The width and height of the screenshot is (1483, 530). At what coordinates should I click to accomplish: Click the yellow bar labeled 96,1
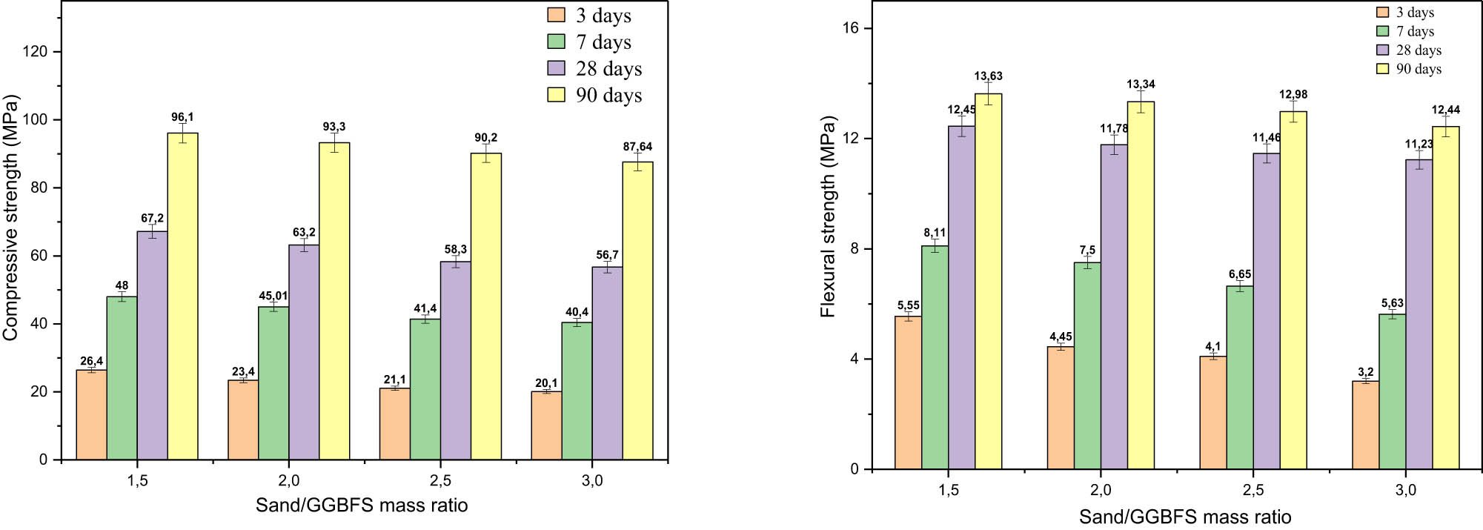click(182, 297)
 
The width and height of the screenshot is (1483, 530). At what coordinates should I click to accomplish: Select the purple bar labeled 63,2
click(304, 352)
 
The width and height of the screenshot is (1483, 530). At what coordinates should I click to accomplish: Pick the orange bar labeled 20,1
click(546, 425)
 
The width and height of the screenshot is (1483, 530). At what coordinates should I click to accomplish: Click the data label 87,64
click(637, 147)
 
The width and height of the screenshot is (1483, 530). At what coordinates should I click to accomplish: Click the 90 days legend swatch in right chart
click(1382, 69)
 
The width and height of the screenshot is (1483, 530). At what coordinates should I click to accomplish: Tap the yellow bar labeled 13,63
click(988, 282)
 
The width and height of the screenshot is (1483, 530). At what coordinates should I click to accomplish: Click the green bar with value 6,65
click(1239, 378)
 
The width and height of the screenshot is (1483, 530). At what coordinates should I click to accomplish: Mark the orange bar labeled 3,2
click(1365, 425)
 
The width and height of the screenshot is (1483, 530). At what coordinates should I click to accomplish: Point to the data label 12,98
click(1293, 95)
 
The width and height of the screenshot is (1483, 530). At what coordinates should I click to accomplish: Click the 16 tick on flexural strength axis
click(849, 28)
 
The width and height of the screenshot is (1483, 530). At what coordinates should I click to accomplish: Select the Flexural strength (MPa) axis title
click(828, 217)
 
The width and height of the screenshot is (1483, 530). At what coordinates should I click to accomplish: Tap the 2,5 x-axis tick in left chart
click(440, 481)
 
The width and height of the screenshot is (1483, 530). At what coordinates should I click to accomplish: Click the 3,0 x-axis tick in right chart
click(1405, 491)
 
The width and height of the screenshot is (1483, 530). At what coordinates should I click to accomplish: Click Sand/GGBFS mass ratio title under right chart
click(1184, 517)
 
